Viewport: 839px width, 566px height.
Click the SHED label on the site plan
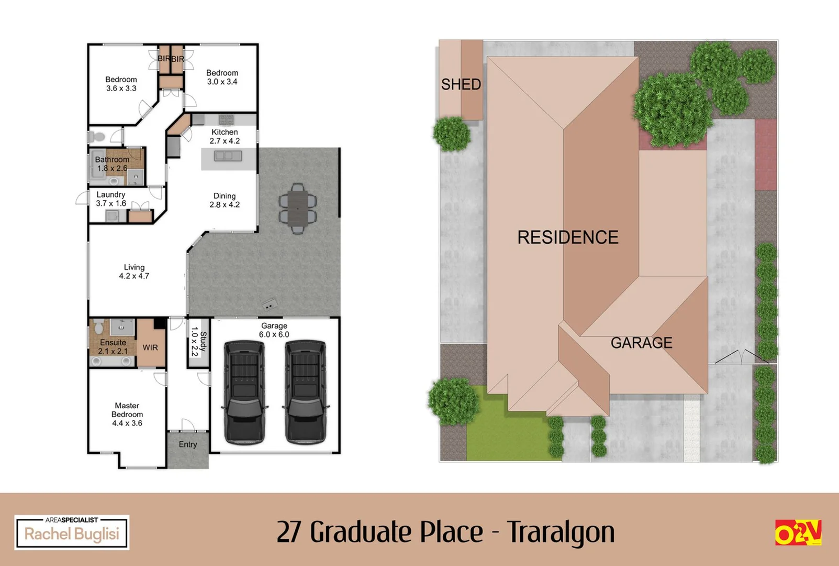tap(461, 84)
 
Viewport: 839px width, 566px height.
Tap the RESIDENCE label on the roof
tap(568, 237)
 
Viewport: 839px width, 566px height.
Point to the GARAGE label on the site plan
tap(641, 343)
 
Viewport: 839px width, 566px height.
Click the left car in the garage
tap(244, 391)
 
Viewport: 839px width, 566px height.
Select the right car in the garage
tap(305, 391)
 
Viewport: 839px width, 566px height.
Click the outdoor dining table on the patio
tap(297, 208)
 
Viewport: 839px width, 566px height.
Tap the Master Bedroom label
tap(127, 414)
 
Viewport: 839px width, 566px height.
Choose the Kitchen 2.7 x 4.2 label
tap(225, 136)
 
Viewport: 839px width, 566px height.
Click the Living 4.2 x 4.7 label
tap(134, 271)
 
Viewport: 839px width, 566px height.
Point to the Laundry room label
tap(111, 199)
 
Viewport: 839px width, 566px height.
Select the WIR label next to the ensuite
tap(150, 347)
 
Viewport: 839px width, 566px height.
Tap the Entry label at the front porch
tap(188, 444)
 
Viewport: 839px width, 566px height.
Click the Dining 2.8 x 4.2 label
tap(225, 200)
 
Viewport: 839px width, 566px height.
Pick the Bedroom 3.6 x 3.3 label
tap(121, 84)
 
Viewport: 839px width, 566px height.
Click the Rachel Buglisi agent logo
tap(72, 533)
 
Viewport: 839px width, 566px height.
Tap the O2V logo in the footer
tap(798, 532)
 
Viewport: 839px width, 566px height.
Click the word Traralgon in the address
tap(561, 532)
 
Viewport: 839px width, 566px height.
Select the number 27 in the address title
tap(289, 532)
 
